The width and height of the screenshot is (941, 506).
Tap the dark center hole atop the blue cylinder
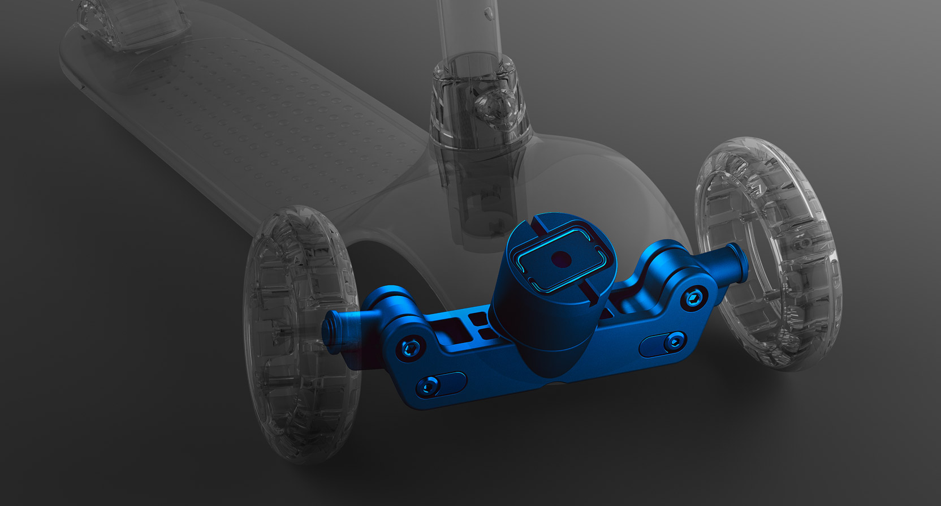point(562,260)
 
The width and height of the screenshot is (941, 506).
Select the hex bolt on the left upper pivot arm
point(411,348)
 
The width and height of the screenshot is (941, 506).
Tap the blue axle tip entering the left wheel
point(334,329)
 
